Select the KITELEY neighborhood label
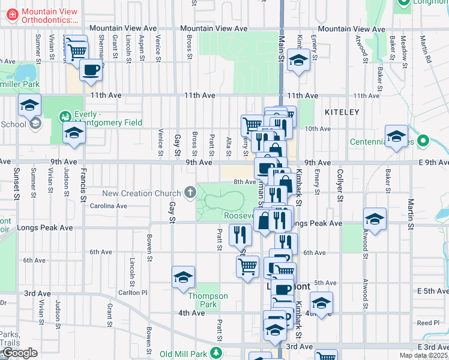[342, 112]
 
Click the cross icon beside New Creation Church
[190, 193]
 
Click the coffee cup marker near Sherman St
[91, 70]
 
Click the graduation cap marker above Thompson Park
[183, 277]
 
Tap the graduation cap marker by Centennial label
[396, 136]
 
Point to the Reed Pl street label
[428, 323]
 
